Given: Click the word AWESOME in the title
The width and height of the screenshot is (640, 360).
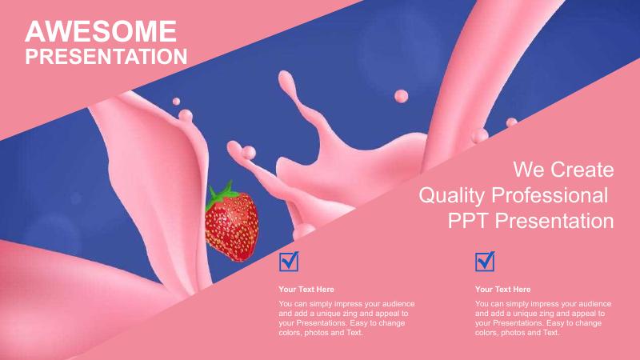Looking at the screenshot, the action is (101, 31).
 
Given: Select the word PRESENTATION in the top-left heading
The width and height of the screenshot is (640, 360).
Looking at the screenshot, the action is (106, 57).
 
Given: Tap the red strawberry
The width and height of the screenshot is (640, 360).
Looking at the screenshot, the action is (231, 226).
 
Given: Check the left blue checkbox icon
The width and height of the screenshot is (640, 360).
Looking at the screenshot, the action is (289, 262).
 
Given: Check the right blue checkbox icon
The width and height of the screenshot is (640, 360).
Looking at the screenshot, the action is (485, 262).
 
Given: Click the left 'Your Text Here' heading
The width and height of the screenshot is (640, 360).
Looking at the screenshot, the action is (306, 290).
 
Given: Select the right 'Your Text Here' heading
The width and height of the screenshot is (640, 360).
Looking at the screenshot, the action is (502, 290).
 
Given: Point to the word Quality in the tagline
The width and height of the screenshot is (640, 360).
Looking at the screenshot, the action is (451, 196).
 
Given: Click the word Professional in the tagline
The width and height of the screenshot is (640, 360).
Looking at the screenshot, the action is (550, 195).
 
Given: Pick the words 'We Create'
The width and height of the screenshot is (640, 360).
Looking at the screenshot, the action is (563, 170).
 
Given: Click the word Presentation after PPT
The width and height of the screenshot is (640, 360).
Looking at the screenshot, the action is (554, 221).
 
